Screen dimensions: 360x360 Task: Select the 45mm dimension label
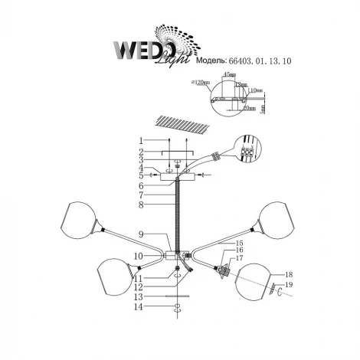point(227,74)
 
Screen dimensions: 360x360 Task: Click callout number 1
point(142,140)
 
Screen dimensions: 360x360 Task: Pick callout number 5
point(142,175)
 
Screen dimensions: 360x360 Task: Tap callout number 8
point(142,205)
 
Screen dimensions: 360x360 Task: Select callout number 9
point(142,234)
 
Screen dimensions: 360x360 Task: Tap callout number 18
point(288,273)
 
